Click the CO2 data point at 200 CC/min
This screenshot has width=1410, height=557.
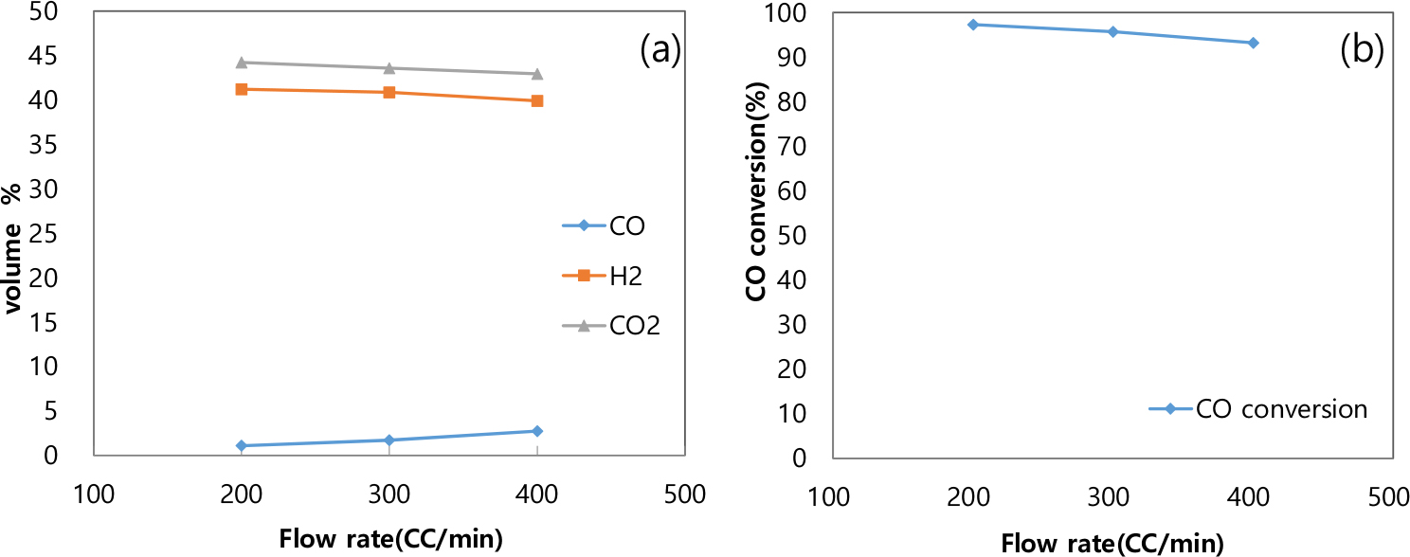(242, 63)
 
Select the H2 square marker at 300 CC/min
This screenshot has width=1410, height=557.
(389, 92)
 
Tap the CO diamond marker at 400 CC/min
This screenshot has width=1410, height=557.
(537, 431)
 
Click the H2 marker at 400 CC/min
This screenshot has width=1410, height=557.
(537, 100)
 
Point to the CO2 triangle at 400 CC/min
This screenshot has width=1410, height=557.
(537, 74)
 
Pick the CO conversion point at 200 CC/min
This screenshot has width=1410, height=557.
(972, 24)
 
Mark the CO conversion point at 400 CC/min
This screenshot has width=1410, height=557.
(1253, 43)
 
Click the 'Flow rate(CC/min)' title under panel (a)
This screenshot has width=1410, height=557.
(390, 538)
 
